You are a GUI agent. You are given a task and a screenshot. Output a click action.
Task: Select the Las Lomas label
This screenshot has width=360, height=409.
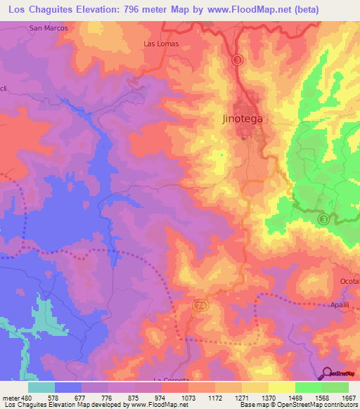click(x=161, y=44)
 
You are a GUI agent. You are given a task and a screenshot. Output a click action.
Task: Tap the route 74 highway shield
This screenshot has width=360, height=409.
click(x=200, y=306)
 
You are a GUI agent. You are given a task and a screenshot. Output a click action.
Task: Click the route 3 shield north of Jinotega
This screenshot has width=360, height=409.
click(x=238, y=60)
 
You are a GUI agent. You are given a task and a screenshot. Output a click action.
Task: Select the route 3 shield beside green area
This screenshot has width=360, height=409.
click(x=323, y=219)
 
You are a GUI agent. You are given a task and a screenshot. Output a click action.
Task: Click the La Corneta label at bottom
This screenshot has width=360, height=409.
click(x=171, y=377)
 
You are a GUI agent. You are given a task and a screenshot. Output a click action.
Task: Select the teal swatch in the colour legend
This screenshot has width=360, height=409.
click(x=41, y=387)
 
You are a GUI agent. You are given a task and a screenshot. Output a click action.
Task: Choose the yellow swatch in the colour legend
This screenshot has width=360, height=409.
click(x=282, y=387)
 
